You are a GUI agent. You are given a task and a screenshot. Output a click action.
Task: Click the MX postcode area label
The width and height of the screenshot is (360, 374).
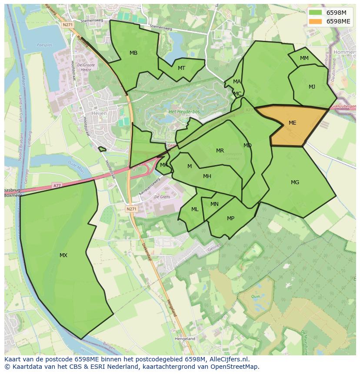pos(63,255)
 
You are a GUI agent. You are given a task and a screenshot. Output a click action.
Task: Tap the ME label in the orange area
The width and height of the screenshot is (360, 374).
pos(292,123)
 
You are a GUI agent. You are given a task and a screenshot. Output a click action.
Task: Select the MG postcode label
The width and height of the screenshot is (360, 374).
pos(295,182)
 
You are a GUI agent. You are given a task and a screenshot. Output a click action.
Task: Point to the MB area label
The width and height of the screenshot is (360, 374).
pos(133,53)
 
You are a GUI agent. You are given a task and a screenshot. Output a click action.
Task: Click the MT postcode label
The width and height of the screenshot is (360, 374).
pos(181,68)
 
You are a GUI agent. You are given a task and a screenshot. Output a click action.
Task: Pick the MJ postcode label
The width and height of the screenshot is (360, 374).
pos(312,87)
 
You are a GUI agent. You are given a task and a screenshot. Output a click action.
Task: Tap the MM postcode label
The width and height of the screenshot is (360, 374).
pos(304,58)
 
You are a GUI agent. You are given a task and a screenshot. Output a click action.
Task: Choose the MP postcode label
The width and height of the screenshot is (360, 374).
pos(230,218)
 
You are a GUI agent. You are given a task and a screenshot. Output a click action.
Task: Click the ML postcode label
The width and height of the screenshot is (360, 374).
pos(195,209)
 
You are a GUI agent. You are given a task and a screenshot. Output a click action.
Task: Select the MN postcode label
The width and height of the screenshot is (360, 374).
pos(214,204)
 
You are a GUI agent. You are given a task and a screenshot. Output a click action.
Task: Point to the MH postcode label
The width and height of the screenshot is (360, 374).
pos(207,176)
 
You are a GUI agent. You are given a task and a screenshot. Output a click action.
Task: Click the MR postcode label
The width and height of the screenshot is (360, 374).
pos(220,151)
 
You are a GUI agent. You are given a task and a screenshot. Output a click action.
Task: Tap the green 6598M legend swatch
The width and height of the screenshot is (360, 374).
pos(316,13)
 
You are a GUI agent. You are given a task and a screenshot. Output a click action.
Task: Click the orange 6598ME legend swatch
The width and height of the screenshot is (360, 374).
pos(316,21)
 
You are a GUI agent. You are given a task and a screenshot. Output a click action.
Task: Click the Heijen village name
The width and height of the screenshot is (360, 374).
pos(99,113)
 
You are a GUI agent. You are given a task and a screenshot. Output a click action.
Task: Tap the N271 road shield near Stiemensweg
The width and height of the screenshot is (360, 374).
pos(67,25)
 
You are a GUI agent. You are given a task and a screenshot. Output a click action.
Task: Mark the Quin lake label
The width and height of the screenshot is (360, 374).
pos(255,297)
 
